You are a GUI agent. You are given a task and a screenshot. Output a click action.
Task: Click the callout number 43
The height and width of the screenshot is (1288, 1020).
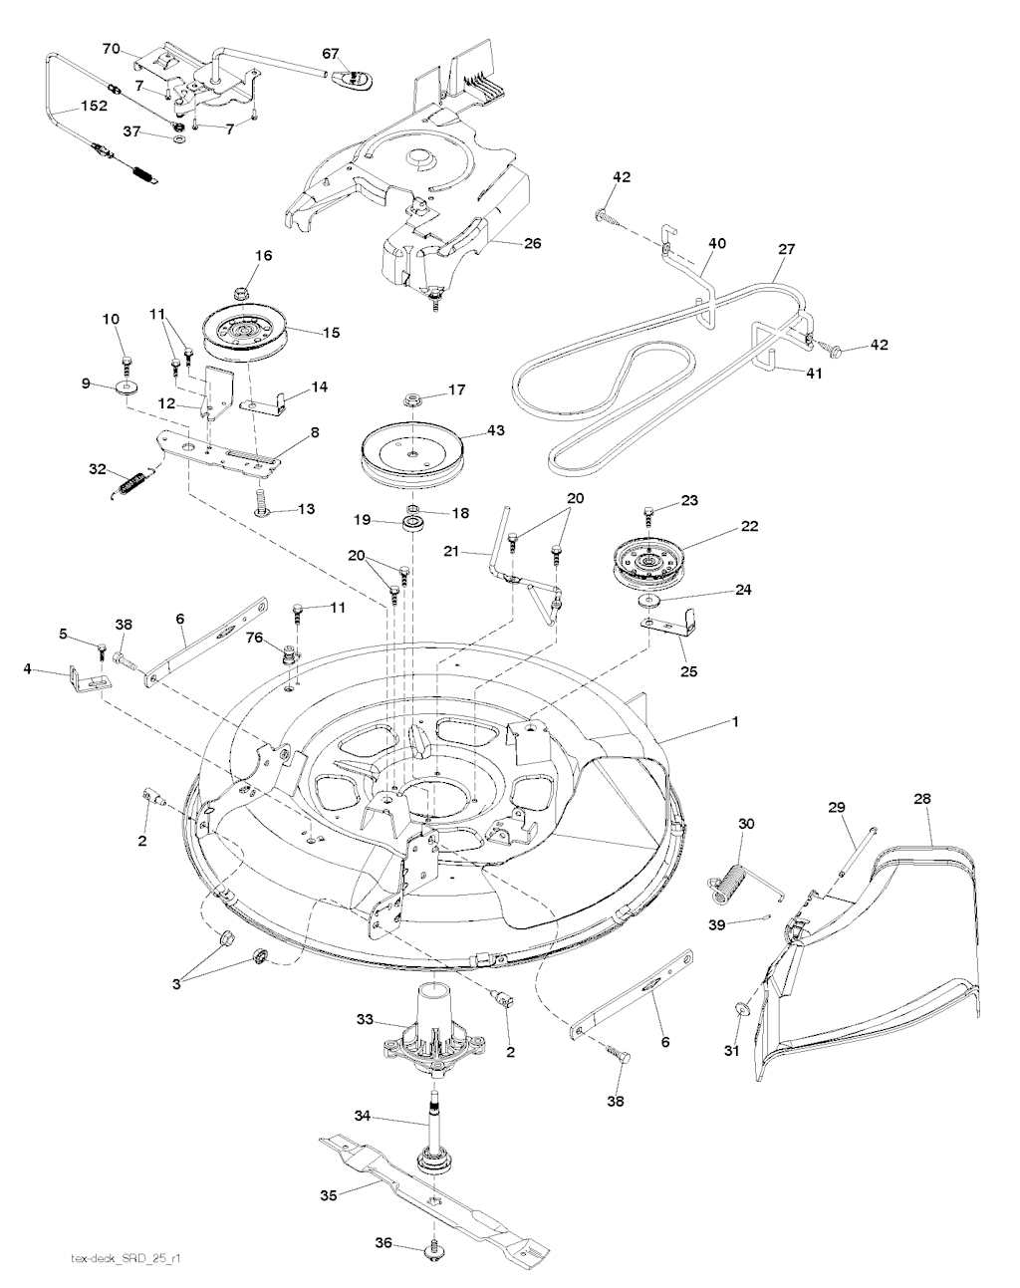point(496,430)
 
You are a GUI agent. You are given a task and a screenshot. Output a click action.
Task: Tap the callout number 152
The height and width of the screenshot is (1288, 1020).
point(94,106)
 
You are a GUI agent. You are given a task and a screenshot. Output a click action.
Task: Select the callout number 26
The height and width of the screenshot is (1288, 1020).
point(532,243)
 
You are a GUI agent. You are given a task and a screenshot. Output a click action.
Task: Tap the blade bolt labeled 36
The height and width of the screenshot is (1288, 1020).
point(431,1264)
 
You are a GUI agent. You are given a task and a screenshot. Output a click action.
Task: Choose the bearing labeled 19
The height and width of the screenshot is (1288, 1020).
point(412,524)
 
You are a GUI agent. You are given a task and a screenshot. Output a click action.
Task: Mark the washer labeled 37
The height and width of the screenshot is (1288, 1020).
point(178,140)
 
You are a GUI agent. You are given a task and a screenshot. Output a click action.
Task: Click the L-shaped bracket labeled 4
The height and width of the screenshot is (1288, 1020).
point(90,680)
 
